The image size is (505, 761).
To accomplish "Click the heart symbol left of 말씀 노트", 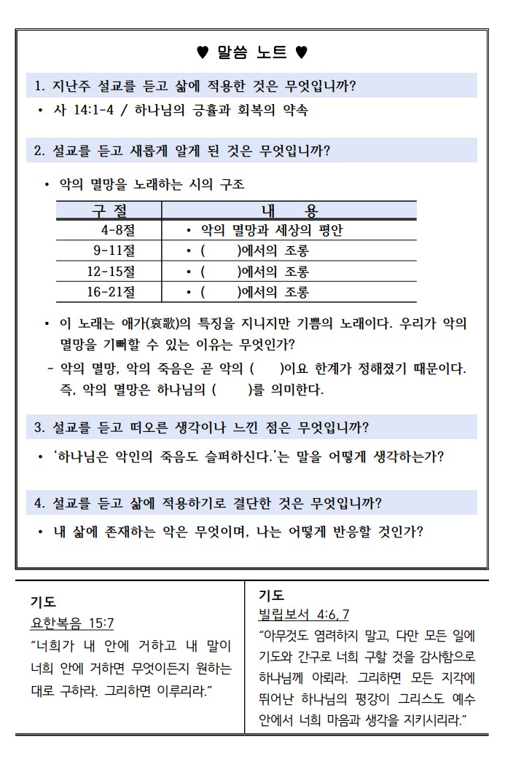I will (x=203, y=52).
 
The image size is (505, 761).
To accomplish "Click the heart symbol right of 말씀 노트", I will (x=302, y=52).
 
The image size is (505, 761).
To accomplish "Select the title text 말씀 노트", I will (x=252, y=52).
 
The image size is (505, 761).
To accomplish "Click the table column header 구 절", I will (x=109, y=211).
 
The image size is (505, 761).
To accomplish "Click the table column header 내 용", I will (x=289, y=211).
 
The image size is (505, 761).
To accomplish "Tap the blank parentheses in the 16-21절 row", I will (x=220, y=292).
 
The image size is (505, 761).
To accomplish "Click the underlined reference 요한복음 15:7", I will (x=71, y=623).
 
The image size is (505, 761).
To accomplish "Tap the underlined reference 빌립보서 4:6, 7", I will (x=305, y=613).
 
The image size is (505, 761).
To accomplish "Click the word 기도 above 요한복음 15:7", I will (x=43, y=602).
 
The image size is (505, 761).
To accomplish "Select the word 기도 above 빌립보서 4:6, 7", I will (x=272, y=594).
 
